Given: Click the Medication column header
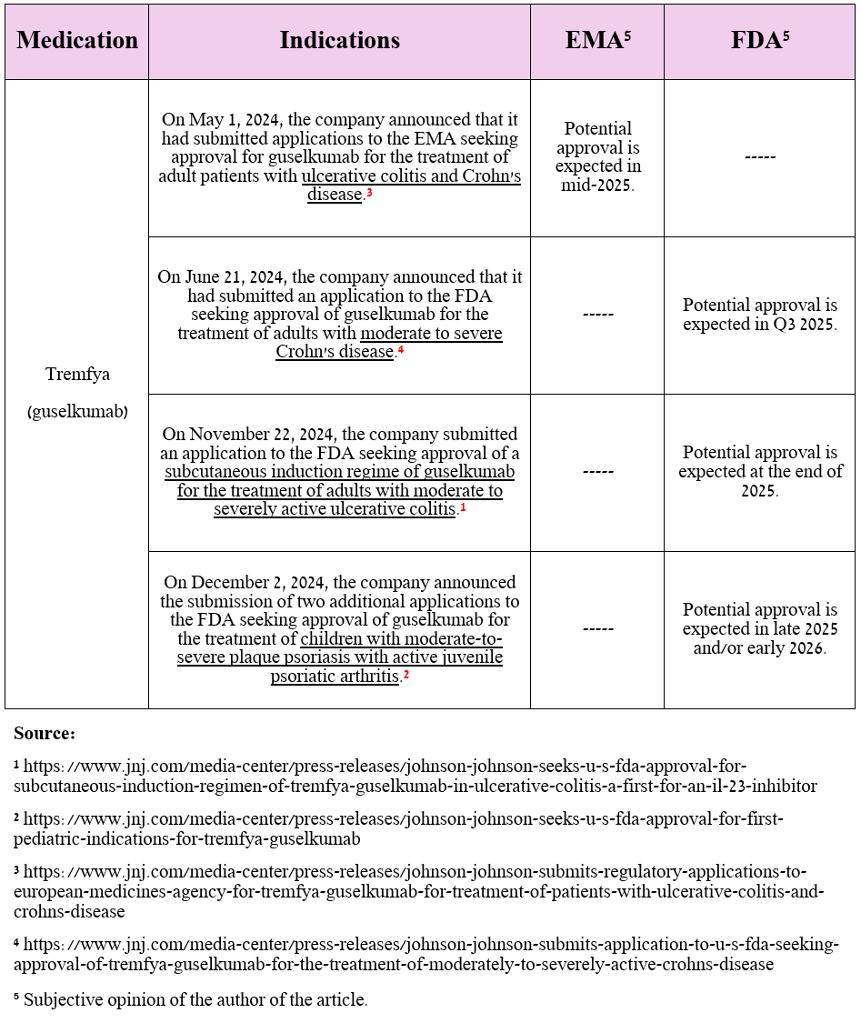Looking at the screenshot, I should click(77, 40).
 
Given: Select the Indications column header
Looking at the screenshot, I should click(339, 40).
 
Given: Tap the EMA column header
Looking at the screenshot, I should click(597, 40).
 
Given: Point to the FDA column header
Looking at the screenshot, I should click(758, 40).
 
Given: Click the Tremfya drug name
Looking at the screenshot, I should click(77, 374).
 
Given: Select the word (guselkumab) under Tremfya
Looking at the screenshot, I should click(77, 411).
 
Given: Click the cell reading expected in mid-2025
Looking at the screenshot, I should click(597, 157).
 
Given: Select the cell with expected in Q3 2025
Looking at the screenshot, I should click(759, 315).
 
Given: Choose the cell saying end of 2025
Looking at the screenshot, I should click(759, 472).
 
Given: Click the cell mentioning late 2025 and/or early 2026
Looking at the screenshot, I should click(759, 629).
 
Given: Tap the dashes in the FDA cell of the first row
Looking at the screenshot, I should click(759, 157).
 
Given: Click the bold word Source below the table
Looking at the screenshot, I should click(45, 733).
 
